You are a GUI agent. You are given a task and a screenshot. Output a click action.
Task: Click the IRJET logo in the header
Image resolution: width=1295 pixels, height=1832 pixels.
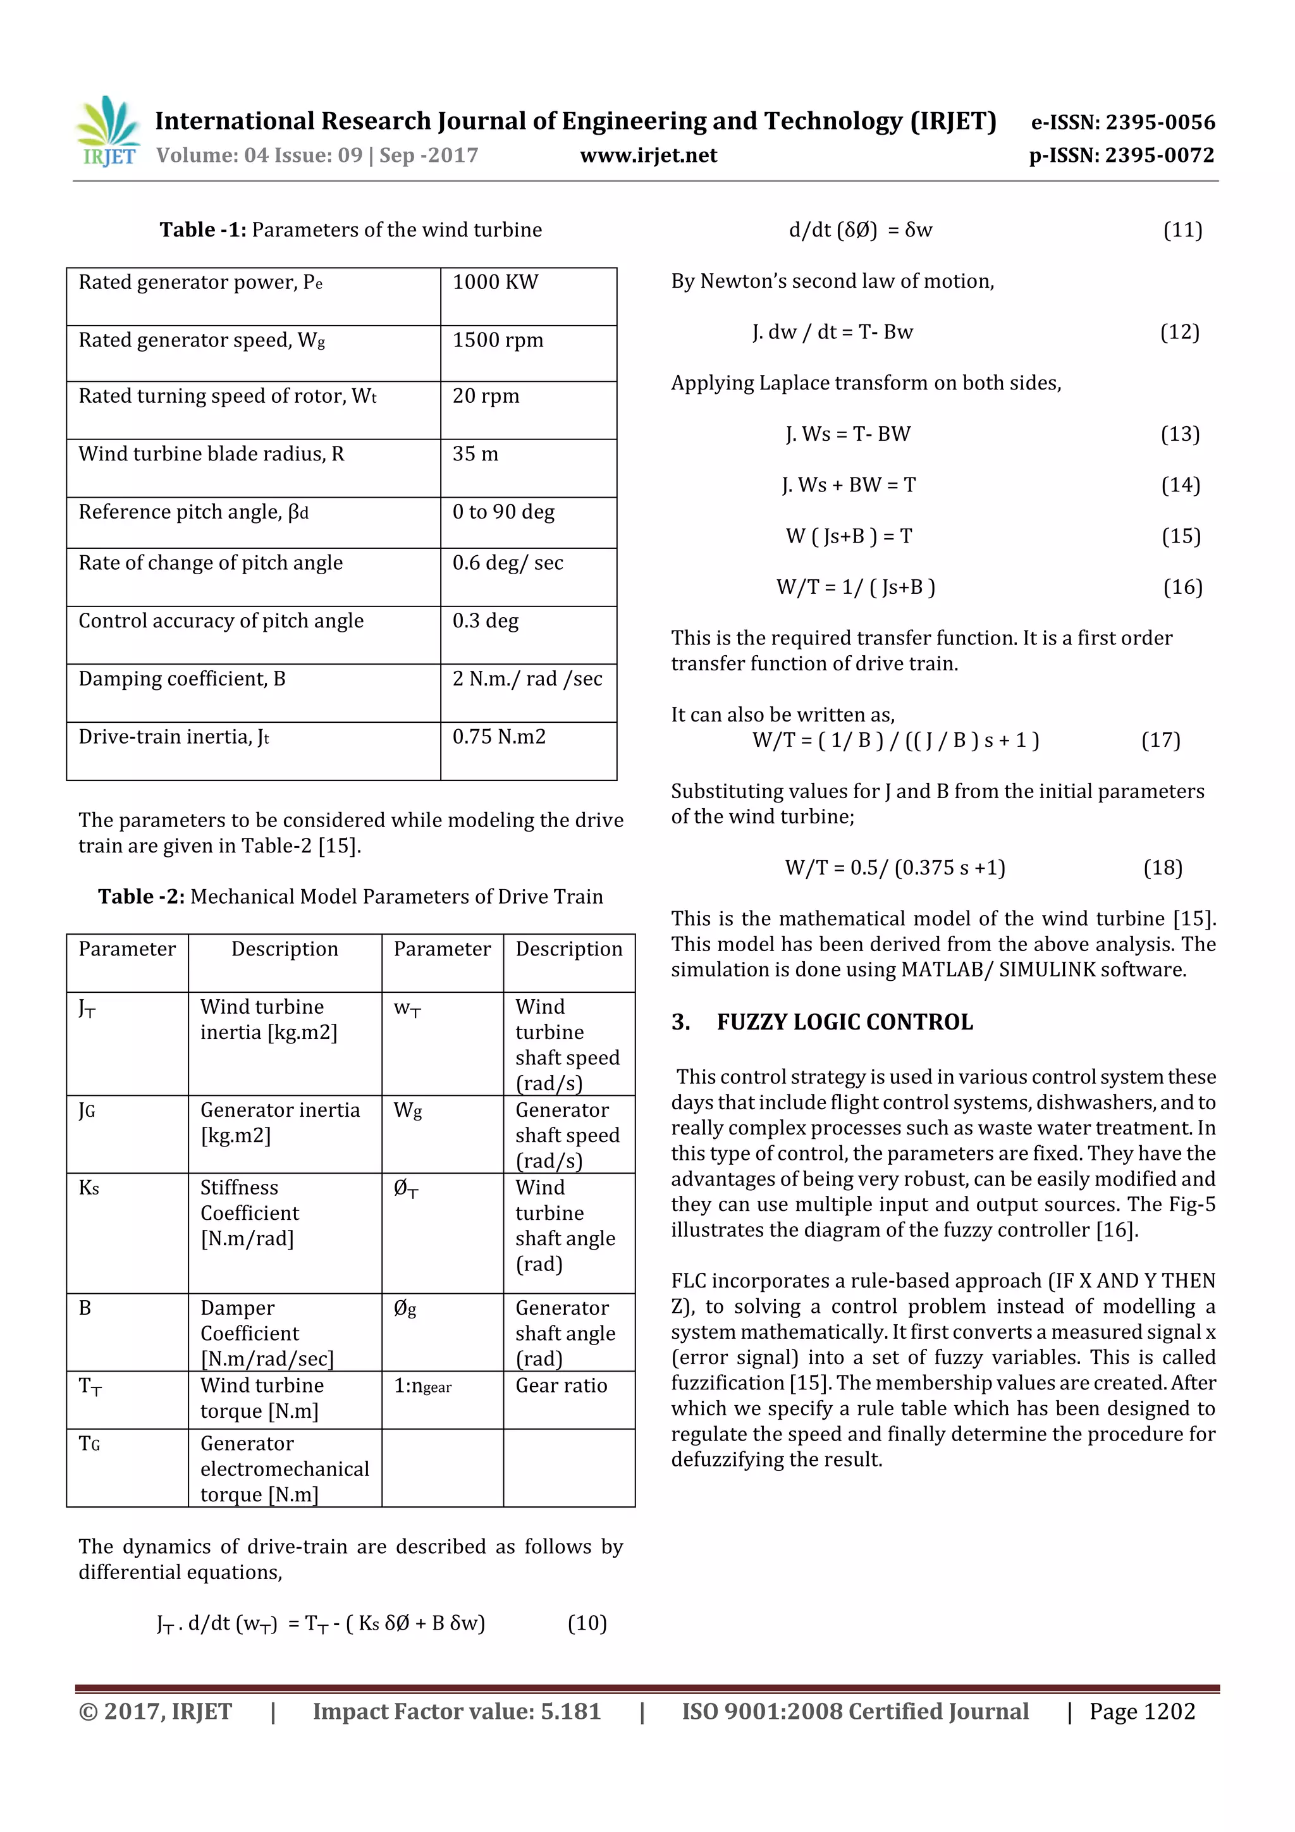107,132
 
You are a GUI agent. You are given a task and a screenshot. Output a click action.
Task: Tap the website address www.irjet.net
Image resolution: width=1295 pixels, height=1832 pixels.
648,155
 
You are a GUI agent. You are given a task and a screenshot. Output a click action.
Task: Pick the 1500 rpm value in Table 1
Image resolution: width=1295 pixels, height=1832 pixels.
498,340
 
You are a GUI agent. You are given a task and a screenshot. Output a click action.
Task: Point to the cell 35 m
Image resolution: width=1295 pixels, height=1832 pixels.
476,454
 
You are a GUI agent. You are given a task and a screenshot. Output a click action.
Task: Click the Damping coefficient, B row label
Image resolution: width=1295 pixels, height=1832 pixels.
182,679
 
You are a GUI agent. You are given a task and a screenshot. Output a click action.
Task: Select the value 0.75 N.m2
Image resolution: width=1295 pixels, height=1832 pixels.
500,737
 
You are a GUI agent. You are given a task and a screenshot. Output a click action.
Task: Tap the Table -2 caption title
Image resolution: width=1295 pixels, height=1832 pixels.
350,896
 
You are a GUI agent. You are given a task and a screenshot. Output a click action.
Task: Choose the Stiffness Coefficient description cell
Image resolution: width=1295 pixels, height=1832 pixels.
250,1213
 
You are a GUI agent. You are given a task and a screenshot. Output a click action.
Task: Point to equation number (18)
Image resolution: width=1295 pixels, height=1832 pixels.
1163,868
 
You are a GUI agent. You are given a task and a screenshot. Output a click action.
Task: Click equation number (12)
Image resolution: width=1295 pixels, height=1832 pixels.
1179,332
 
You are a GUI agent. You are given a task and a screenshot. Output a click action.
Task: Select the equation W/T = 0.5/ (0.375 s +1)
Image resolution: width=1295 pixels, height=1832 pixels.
895,868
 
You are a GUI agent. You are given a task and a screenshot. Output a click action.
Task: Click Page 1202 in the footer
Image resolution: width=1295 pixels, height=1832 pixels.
1142,1711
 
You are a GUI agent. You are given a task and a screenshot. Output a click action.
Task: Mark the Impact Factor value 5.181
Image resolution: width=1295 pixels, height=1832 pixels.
457,1711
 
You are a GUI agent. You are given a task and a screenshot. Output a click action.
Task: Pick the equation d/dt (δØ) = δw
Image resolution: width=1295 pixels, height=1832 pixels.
860,231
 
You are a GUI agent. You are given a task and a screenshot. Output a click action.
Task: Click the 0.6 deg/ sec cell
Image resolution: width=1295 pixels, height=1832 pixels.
508,563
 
